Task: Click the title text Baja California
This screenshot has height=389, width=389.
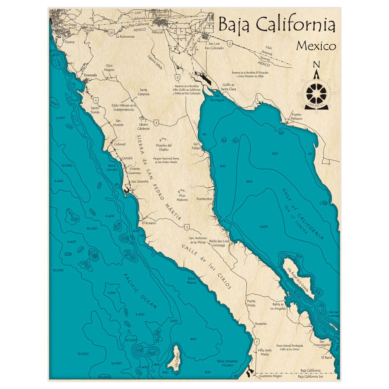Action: point(277,25)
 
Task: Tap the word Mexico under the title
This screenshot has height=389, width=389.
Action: point(316,46)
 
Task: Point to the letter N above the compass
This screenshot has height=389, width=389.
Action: point(317,65)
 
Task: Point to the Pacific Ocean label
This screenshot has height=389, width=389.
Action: point(140,291)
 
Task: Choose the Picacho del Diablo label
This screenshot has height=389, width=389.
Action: point(164,147)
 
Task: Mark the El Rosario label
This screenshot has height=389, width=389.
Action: point(149,223)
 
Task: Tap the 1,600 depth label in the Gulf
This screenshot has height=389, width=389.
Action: point(263,226)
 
